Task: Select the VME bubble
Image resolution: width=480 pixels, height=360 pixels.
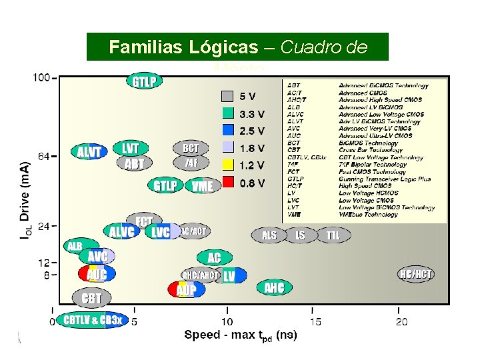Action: tap(202, 187)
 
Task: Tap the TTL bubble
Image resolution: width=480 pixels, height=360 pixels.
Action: tap(333, 235)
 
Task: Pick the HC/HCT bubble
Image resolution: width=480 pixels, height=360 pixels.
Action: tap(416, 274)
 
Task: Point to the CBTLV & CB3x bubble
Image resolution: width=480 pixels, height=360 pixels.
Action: tap(91, 321)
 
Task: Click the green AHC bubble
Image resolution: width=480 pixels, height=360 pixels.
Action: tap(274, 288)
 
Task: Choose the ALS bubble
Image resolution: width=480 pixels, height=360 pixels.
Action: tap(269, 235)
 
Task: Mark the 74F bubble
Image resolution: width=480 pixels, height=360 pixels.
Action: tap(191, 162)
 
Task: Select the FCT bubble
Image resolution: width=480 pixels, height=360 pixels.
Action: tap(144, 220)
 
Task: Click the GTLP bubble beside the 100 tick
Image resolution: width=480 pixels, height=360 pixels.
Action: tap(145, 82)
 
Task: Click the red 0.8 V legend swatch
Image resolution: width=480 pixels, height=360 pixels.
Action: tap(227, 182)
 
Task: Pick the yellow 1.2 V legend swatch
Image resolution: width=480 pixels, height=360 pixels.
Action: tap(227, 165)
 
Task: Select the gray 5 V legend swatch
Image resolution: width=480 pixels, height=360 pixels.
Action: tap(227, 95)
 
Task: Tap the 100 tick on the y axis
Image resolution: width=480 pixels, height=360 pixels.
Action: tap(41, 78)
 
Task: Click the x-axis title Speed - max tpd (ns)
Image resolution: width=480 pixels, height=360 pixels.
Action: tap(241, 335)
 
